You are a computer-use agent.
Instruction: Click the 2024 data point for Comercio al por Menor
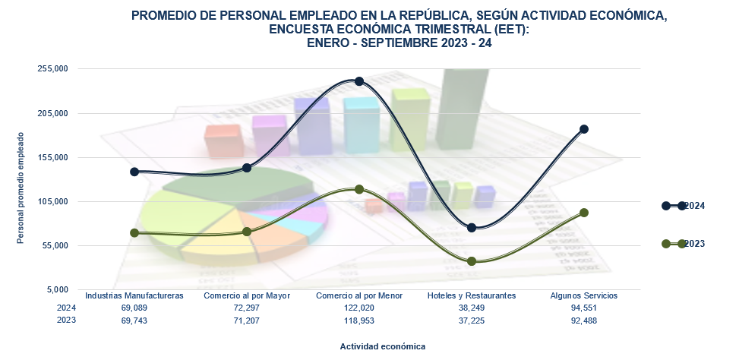[x=359, y=81]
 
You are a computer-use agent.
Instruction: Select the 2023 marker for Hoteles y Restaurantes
[x=472, y=261]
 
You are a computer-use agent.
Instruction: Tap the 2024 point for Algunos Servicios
[x=584, y=129]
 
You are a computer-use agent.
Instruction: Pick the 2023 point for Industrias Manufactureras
[x=134, y=233]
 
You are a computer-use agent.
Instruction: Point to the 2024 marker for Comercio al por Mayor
[x=247, y=167]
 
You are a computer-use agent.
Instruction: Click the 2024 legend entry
[x=684, y=206]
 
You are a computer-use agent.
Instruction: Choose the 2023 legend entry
[x=684, y=244]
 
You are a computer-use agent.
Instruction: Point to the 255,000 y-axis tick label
[x=53, y=69]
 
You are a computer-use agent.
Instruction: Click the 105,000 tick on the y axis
[x=53, y=202]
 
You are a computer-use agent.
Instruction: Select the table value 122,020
[x=359, y=308]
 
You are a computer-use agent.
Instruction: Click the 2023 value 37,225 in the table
[x=472, y=321]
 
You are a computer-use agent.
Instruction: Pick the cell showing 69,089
[x=134, y=308]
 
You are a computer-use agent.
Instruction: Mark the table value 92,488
[x=584, y=321]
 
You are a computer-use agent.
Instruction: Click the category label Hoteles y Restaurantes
[x=472, y=295]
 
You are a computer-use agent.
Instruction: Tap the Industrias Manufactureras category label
[x=134, y=295]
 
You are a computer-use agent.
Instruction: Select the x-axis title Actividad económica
[x=383, y=346]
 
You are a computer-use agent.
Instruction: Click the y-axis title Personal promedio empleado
[x=21, y=188]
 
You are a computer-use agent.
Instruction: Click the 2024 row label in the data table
[x=67, y=308]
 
